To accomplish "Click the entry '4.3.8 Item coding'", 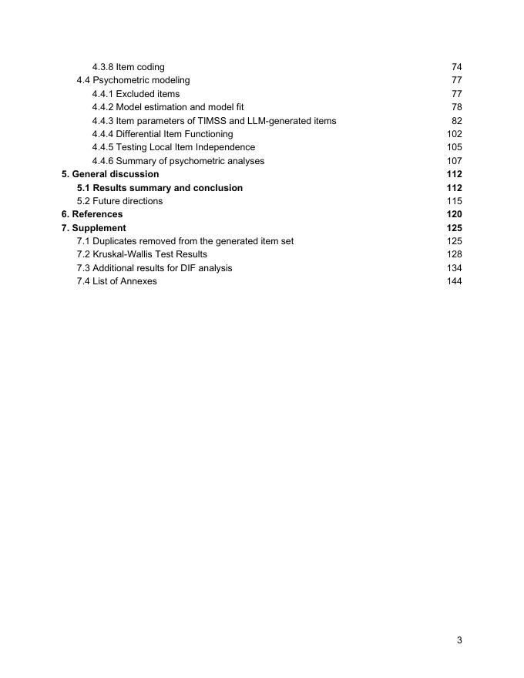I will [x=128, y=67].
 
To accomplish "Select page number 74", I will [x=456, y=67].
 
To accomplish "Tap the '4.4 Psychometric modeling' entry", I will [x=133, y=80].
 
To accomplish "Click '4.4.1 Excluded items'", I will [x=136, y=94].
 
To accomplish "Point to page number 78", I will [x=456, y=107].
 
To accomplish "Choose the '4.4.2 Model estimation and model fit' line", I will [x=167, y=107].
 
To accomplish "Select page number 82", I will [x=456, y=121].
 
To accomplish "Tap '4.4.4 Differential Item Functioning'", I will [x=162, y=134].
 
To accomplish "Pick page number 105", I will [x=454, y=147].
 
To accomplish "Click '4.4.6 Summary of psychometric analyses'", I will [x=178, y=161].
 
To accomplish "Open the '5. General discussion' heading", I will [x=110, y=174].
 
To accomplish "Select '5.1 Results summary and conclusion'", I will [x=160, y=188].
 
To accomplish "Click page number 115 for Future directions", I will [x=454, y=201].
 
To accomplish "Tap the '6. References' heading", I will [x=92, y=214].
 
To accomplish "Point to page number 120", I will [x=454, y=214].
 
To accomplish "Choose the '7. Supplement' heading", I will [x=94, y=228].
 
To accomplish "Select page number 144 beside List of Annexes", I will [x=454, y=281].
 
